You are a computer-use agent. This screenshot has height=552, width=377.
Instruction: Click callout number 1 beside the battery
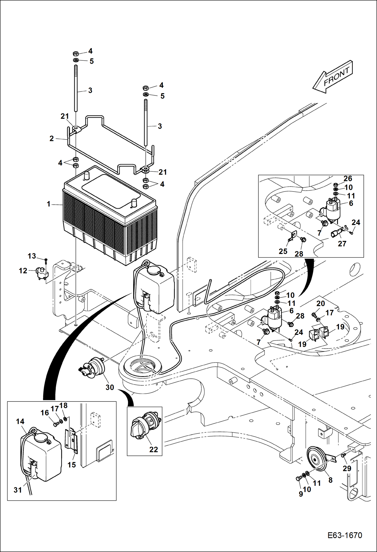coord(49,204)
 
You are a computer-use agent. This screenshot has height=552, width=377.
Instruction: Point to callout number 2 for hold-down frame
coord(52,138)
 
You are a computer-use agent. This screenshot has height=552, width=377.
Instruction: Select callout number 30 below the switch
coord(110,387)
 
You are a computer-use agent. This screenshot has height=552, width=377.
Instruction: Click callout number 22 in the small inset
coord(154,449)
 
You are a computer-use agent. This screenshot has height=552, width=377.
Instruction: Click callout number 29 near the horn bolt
coord(347,468)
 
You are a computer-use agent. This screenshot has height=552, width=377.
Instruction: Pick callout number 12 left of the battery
coord(23,271)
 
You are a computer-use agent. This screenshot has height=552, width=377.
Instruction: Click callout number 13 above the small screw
coord(32,256)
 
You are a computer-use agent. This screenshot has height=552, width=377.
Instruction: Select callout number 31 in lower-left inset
coord(18,490)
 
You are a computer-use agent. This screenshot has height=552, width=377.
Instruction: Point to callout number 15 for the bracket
coord(72,465)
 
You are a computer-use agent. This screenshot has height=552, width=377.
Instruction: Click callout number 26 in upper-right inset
coord(348,178)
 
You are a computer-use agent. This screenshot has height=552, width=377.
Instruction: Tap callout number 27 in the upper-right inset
coord(342,243)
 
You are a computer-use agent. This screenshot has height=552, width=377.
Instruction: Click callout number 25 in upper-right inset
coord(283,251)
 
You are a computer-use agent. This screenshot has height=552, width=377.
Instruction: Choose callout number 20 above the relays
coord(320,303)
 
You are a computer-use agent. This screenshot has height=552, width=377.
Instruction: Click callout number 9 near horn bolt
coord(301,494)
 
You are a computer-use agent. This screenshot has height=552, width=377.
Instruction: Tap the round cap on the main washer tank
coord(154,270)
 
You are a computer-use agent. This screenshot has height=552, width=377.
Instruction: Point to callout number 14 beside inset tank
coord(20,421)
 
